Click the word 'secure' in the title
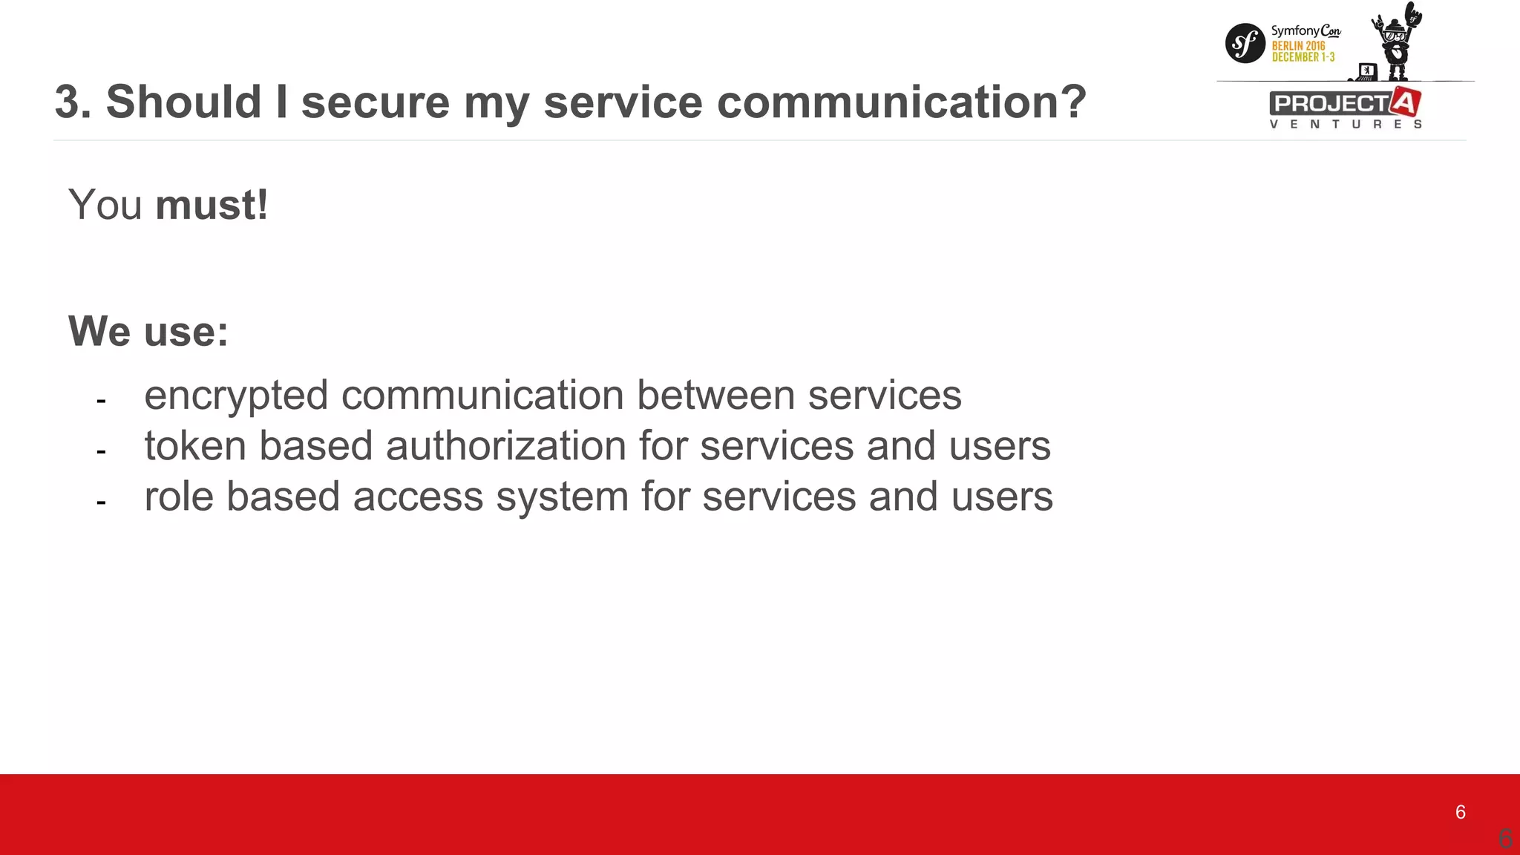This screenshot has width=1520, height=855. (375, 102)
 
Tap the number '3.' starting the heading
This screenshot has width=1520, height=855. (73, 102)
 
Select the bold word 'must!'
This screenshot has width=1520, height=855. (212, 205)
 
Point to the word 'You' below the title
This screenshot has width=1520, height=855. (105, 205)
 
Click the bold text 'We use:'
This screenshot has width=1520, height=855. (148, 331)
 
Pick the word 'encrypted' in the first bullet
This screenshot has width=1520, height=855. (236, 396)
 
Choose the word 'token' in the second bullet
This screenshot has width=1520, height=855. (195, 446)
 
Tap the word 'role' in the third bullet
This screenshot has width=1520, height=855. (179, 497)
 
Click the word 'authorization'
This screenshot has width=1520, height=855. (505, 446)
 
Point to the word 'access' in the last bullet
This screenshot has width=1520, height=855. (418, 497)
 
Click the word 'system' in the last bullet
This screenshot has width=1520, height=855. (562, 497)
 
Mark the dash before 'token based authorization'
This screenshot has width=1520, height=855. (101, 451)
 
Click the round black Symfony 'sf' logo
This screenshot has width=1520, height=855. (1245, 43)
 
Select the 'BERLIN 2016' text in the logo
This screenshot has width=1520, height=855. (1298, 46)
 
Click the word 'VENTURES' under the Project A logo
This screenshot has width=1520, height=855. (1346, 124)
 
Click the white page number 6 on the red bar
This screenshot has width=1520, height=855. (1460, 812)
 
